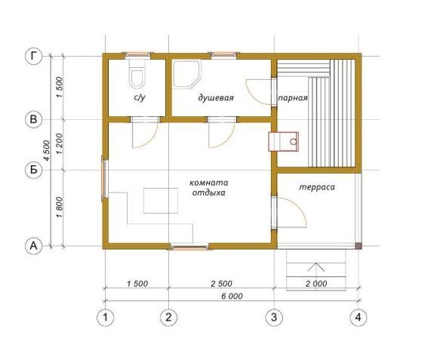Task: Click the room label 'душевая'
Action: [216, 97]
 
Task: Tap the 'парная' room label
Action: [293, 98]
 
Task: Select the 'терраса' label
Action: [317, 187]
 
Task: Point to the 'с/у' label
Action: [140, 97]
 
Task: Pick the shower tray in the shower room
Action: [187, 74]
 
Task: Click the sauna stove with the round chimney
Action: [283, 141]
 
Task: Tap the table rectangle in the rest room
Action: [161, 201]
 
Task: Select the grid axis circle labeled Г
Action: [33, 57]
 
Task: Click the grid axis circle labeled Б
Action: [33, 170]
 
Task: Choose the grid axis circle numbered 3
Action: [274, 317]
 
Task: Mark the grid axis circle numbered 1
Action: [106, 318]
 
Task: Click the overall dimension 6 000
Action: [232, 296]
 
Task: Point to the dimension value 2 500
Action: [221, 284]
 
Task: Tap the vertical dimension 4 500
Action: [47, 151]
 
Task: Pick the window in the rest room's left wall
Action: [104, 178]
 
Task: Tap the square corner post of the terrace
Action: [359, 245]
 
